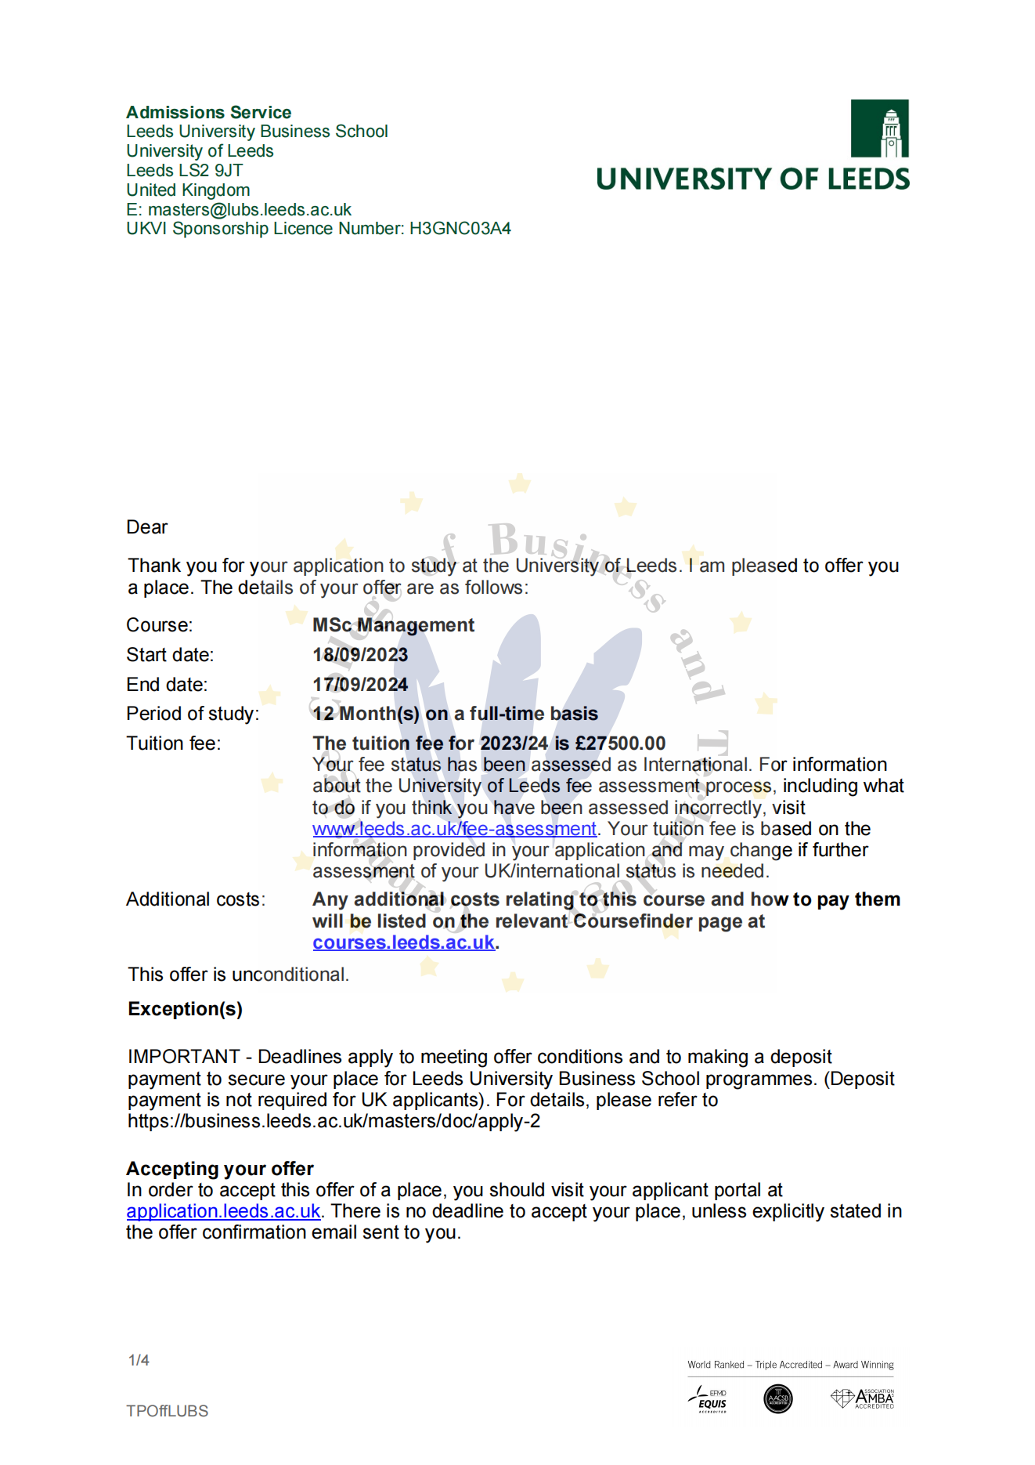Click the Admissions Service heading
coord(208,112)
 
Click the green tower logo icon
coord(879,128)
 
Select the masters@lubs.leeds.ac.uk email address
coord(250,210)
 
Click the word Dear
coord(147,527)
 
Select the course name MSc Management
coord(393,625)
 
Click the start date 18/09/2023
coord(360,655)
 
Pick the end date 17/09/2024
coord(360,685)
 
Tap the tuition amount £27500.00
coord(620,743)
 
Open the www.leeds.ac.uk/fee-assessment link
coord(454,829)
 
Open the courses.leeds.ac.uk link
coord(404,942)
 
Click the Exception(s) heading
coord(185,1009)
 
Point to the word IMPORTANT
coord(184,1057)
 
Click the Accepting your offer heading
coord(220,1169)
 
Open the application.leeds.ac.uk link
coord(223,1211)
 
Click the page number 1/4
coord(139,1360)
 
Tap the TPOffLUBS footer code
coord(168,1411)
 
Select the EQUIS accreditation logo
coord(709,1399)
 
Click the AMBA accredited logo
coord(863,1398)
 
